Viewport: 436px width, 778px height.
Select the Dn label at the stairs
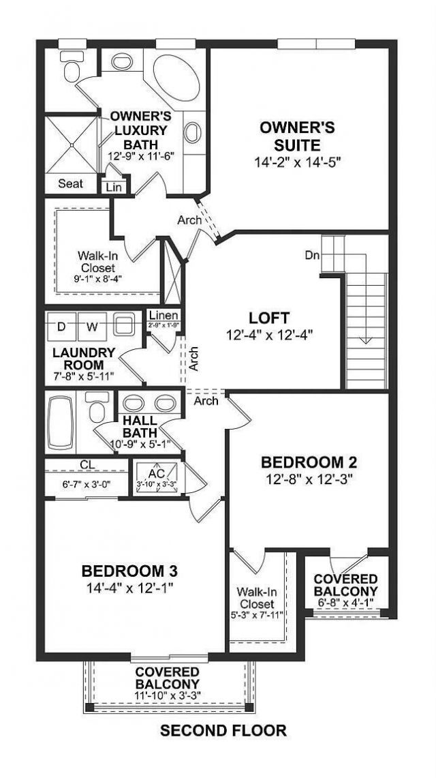pyautogui.click(x=311, y=256)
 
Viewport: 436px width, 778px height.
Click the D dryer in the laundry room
pyautogui.click(x=61, y=327)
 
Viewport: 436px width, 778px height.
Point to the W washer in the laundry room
pyautogui.click(x=92, y=327)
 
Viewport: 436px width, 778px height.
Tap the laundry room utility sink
pyautogui.click(x=125, y=325)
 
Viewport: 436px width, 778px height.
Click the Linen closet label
pyautogui.click(x=163, y=316)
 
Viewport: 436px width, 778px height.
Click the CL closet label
pyautogui.click(x=87, y=464)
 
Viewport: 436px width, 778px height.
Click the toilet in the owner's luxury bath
pyautogui.click(x=70, y=66)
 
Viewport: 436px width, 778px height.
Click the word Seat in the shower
pyautogui.click(x=70, y=183)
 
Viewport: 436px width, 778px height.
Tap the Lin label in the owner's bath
pyautogui.click(x=113, y=186)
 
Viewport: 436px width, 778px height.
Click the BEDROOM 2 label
pyautogui.click(x=309, y=462)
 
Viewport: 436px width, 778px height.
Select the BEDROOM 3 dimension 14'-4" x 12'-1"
pyautogui.click(x=133, y=587)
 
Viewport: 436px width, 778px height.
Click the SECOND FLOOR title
pyautogui.click(x=223, y=731)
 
